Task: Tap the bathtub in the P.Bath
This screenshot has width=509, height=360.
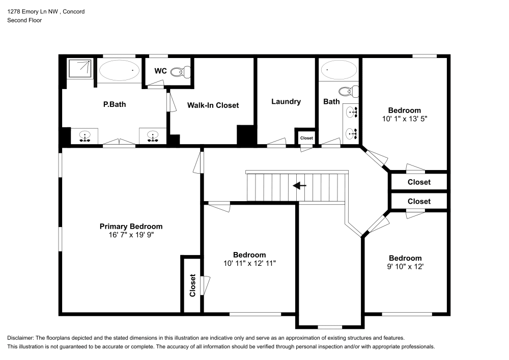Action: click(x=119, y=71)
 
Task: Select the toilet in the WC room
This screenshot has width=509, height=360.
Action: click(x=178, y=72)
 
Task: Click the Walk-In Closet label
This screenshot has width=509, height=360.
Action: click(x=213, y=105)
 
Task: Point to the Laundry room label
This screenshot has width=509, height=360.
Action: click(x=286, y=101)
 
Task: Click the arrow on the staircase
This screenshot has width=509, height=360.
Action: click(x=300, y=186)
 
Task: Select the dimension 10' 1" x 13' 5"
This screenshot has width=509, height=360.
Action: click(x=405, y=118)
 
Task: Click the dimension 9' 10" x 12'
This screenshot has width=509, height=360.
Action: click(x=405, y=266)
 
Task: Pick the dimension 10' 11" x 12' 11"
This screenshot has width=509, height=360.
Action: click(x=249, y=263)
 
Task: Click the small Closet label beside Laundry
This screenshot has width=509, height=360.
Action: click(x=306, y=138)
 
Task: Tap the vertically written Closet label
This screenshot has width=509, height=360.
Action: click(x=192, y=286)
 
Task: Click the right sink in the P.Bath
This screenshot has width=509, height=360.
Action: click(x=152, y=136)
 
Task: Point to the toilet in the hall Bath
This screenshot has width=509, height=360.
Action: click(x=347, y=92)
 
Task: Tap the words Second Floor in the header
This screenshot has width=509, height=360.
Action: click(x=24, y=20)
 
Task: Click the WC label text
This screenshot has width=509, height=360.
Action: click(x=160, y=71)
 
